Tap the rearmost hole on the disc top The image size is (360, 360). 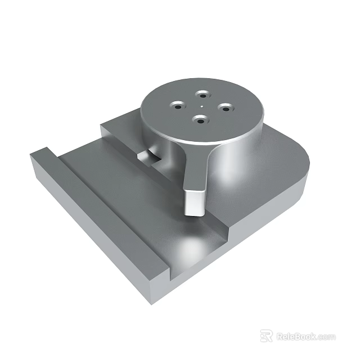[201, 94]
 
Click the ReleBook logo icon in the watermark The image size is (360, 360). [266, 336]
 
